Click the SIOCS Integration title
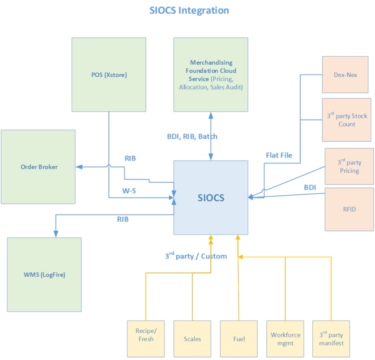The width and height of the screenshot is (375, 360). coord(189,10)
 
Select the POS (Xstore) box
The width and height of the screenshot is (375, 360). coord(109,74)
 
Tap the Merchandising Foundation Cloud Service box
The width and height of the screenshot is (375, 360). coord(211,74)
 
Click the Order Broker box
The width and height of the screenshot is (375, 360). coord(38,167)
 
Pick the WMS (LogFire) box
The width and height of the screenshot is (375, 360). coord(44,274)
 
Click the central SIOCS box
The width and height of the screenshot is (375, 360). coord(210,198)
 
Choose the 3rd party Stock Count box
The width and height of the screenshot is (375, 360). coord(347,120)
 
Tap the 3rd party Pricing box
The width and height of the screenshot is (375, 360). coord(349,167)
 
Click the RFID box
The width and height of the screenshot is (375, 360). coord(349,209)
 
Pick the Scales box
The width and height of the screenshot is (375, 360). coord(192,339)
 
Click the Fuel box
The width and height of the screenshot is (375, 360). coord(239,339)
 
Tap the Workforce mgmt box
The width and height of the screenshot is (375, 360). coord(285,339)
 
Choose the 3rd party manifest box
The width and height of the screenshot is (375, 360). coord(331,339)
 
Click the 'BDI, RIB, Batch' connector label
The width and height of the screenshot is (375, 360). coord(192,137)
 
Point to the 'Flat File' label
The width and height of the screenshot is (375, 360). coord(279,155)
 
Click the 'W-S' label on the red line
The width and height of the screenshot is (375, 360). coord(129,190)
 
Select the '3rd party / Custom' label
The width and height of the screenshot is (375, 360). coord(195,256)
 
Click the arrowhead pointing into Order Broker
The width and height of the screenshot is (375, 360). coord(79,167)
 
